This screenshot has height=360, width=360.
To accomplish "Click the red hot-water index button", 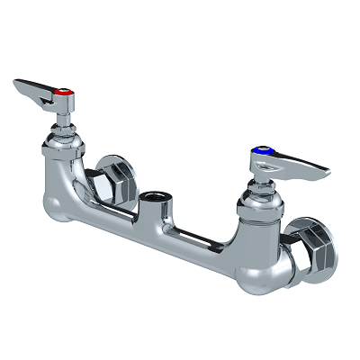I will pyautogui.click(x=64, y=93).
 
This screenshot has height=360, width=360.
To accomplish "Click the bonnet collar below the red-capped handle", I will pyautogui.click(x=62, y=144).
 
